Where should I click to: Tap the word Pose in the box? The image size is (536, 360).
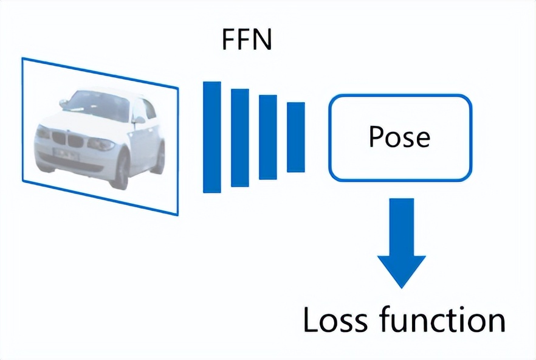pyautogui.click(x=399, y=137)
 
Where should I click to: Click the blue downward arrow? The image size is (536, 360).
pyautogui.click(x=401, y=243)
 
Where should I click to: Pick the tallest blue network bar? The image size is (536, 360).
pyautogui.click(x=211, y=137)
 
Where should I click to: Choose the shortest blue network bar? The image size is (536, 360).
pyautogui.click(x=295, y=137)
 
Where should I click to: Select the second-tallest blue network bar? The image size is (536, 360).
pyautogui.click(x=239, y=137)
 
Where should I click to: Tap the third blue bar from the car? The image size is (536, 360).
pyautogui.click(x=267, y=137)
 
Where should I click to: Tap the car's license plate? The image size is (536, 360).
pyautogui.click(x=65, y=154)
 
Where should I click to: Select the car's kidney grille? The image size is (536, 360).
pyautogui.click(x=66, y=140)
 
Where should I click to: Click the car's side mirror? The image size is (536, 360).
pyautogui.click(x=139, y=120)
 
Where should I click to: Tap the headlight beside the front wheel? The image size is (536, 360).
pyautogui.click(x=100, y=144)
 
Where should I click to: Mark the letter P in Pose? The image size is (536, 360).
pyautogui.click(x=377, y=137)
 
